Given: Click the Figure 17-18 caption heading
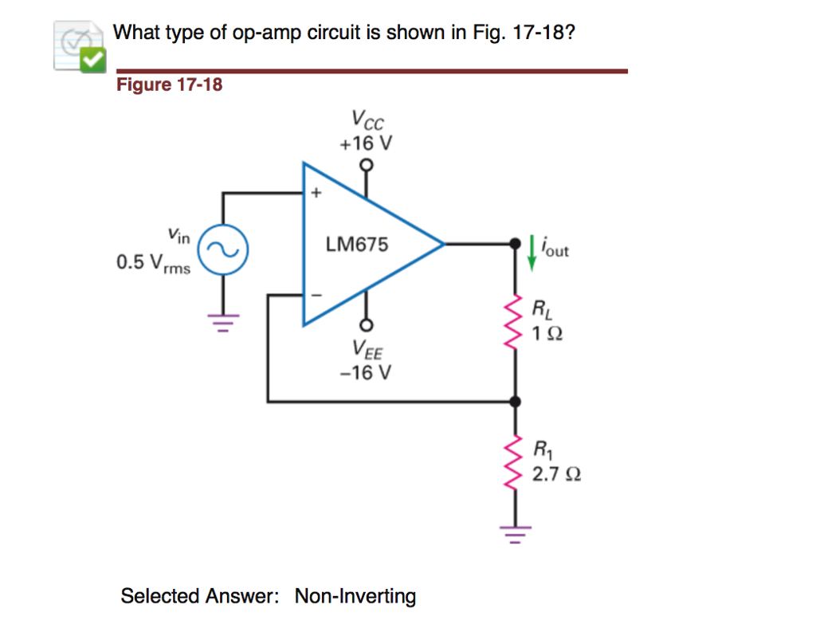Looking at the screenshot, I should point(169,84).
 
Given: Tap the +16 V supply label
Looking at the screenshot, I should point(366,143).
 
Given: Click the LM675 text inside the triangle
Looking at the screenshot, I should point(357,245).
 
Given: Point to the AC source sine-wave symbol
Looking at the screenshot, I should point(223,249).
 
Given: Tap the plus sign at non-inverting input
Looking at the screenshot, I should point(315,193).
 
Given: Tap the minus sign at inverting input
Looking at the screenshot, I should point(315,295).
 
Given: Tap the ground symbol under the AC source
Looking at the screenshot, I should point(223,323).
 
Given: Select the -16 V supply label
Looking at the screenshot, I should point(365,372).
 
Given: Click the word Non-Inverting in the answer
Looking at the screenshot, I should point(355,596).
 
